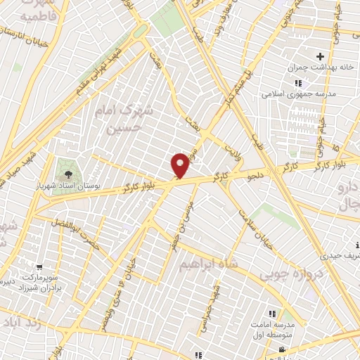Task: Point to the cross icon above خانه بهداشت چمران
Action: pos(321,56)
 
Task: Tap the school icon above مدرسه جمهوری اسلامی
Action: pos(298,82)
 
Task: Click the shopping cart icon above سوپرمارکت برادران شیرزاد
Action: pos(38,266)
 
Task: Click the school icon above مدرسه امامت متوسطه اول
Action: pos(271,314)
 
